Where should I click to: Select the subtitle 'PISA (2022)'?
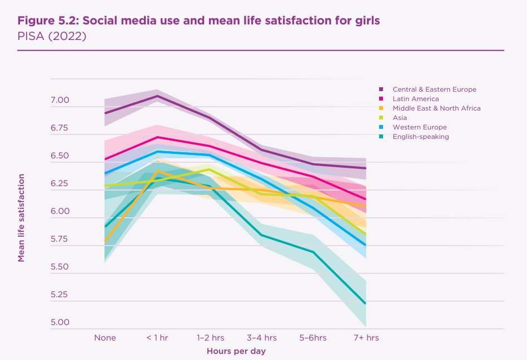click(52, 37)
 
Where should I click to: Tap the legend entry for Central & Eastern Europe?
click(434, 89)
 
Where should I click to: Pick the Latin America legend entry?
click(416, 99)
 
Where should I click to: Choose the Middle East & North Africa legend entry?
click(436, 108)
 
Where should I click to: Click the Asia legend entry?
click(400, 118)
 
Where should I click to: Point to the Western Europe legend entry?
click(419, 127)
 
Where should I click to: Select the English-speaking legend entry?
click(420, 137)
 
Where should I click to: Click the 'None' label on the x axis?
click(105, 337)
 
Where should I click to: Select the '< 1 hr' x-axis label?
click(157, 337)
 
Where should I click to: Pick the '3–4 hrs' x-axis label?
click(262, 337)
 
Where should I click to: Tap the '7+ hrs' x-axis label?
click(366, 337)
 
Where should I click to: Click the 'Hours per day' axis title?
click(236, 351)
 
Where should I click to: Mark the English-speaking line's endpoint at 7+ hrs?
click(365, 303)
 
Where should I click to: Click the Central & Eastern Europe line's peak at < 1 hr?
click(158, 96)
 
